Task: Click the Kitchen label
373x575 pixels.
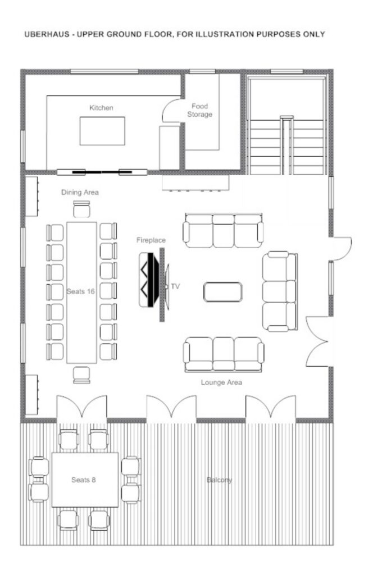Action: click(x=101, y=108)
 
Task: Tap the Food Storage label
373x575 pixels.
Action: click(x=200, y=111)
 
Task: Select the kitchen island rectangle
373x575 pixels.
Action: click(x=102, y=131)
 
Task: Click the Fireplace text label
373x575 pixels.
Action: click(x=151, y=240)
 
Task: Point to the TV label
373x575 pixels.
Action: click(x=175, y=286)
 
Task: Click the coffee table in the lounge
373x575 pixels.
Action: click(x=222, y=292)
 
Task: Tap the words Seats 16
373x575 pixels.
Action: click(x=81, y=291)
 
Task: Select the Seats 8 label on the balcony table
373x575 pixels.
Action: click(x=84, y=480)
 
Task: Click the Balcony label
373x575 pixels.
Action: click(x=219, y=480)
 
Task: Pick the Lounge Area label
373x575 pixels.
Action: click(x=221, y=382)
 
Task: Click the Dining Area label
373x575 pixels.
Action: click(x=80, y=192)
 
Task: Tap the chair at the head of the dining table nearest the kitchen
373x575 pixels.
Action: click(x=81, y=209)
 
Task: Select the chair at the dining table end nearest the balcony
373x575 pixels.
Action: click(x=81, y=375)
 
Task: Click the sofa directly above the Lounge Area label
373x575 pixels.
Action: click(x=224, y=354)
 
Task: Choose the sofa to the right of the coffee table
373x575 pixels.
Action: click(x=280, y=291)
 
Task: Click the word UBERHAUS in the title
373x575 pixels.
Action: click(x=46, y=34)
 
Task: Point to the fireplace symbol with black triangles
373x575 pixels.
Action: click(x=149, y=280)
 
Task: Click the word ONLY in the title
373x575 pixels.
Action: click(x=313, y=34)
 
